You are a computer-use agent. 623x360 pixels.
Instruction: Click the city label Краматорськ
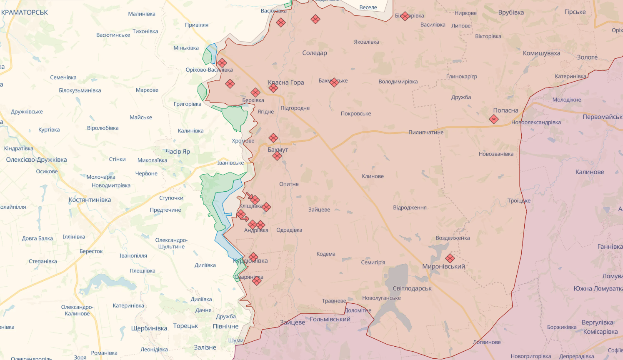tap(25, 12)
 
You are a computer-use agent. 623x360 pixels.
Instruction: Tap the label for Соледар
tap(315, 53)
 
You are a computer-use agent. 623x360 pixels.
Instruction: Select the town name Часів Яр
tap(178, 152)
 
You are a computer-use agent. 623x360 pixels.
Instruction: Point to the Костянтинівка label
tap(90, 200)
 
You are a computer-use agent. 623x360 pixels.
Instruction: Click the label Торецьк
tap(185, 326)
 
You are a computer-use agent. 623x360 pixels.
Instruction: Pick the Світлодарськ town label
tap(412, 288)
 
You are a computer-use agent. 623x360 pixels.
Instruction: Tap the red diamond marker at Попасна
tap(494, 120)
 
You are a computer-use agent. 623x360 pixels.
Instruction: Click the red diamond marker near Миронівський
tap(450, 258)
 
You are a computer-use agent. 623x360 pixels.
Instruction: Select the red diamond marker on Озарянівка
tap(257, 281)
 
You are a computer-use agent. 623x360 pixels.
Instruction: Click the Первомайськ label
tap(602, 117)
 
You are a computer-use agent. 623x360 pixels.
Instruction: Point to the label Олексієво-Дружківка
tap(36, 160)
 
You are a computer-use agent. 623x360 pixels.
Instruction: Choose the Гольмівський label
tap(330, 319)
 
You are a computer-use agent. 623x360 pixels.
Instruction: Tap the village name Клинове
tap(373, 176)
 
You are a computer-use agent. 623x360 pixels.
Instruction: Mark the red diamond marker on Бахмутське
tap(334, 82)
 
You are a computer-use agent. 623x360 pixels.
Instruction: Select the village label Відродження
tap(410, 207)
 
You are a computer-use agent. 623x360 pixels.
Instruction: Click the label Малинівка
tap(142, 14)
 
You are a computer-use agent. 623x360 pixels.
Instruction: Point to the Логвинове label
tap(487, 342)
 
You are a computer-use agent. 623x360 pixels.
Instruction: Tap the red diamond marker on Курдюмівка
tap(253, 257)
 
